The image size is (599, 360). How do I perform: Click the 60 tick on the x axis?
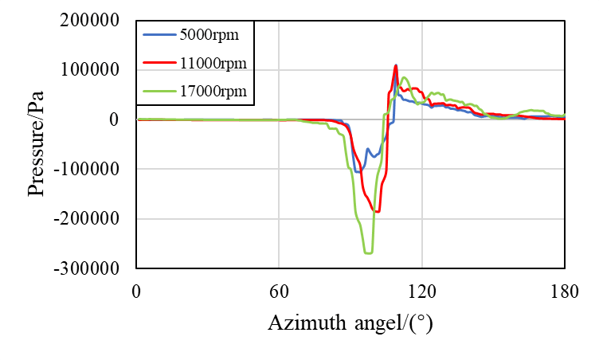(x=279, y=291)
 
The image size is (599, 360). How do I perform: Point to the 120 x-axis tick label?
(x=421, y=291)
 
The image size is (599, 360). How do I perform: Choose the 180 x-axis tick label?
(x=564, y=291)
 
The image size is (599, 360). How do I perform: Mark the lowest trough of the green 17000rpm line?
(x=368, y=252)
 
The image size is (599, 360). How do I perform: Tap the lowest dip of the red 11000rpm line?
(x=377, y=211)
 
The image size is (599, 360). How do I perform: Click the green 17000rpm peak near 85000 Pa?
(x=405, y=77)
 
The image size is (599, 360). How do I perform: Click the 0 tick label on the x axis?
(x=137, y=291)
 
